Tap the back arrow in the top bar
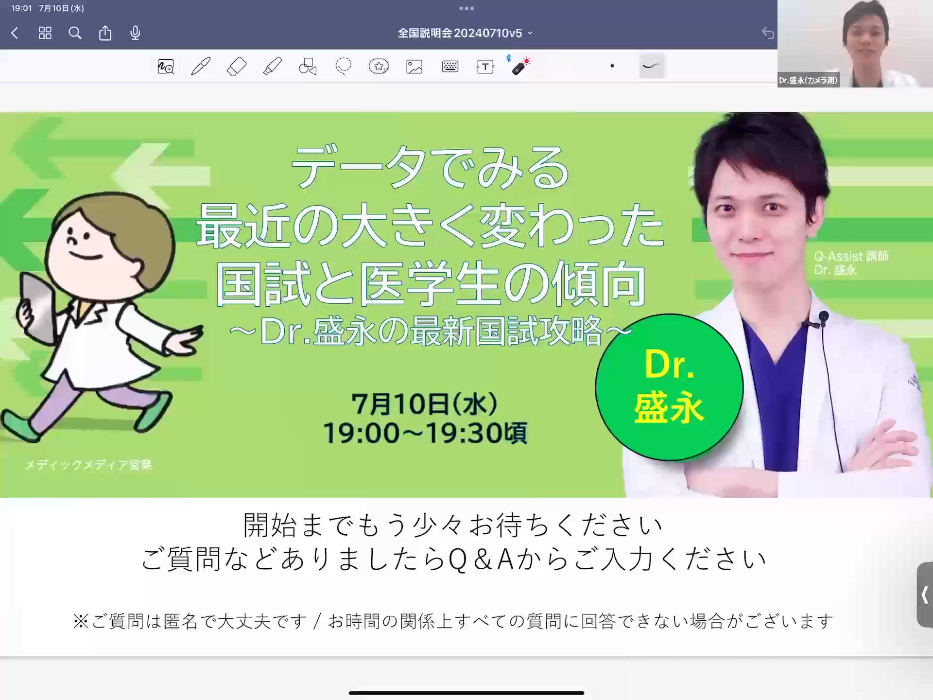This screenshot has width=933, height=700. coord(15,33)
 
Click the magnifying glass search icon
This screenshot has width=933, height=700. coord(75,33)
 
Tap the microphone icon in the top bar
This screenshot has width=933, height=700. coord(135,33)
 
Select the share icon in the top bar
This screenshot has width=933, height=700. coord(105,33)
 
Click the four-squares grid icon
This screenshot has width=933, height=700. coord(45,33)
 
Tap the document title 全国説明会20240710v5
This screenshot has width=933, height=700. coord(460,33)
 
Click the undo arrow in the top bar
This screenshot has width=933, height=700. coord(768,33)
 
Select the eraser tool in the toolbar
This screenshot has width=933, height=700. coord(237,66)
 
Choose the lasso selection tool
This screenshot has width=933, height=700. coord(343,66)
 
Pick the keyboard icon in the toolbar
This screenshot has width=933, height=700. coord(450,66)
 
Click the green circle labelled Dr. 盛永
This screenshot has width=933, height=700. coord(669,387)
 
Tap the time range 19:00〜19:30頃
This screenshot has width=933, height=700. coord(425,433)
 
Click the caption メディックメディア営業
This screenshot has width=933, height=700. coord(88,465)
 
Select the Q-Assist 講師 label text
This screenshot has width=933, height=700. coord(851,256)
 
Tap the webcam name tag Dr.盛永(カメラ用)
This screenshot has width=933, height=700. coord(808,80)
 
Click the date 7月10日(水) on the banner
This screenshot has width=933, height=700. coord(425,403)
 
